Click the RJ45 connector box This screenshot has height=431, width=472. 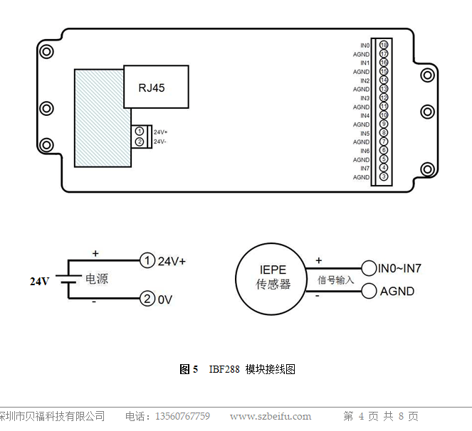pyautogui.click(x=157, y=87)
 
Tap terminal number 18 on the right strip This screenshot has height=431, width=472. pyautogui.click(x=384, y=46)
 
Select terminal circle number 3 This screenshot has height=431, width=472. pyautogui.click(x=384, y=176)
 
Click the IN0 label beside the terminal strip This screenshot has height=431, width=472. pyautogui.click(x=365, y=46)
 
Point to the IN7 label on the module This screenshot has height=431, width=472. pyautogui.click(x=365, y=169)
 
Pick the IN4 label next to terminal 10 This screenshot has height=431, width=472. pyautogui.click(x=365, y=115)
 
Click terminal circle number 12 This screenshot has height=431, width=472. pyautogui.click(x=384, y=97)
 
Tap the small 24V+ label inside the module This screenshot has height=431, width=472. pyautogui.click(x=160, y=132)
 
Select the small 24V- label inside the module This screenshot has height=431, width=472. pyautogui.click(x=160, y=142)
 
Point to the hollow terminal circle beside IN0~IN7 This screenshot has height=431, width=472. pyautogui.click(x=369, y=268)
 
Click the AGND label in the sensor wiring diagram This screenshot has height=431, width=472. pyautogui.click(x=397, y=291)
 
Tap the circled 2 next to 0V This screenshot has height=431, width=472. pyautogui.click(x=147, y=299)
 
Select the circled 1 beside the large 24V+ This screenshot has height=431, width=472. pyautogui.click(x=147, y=261)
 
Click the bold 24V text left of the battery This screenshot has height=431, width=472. pyautogui.click(x=40, y=281)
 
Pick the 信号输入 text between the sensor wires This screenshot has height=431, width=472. pyautogui.click(x=335, y=280)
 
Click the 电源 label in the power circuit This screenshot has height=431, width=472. pyautogui.click(x=97, y=280)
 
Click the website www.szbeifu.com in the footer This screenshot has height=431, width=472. pyautogui.click(x=271, y=416)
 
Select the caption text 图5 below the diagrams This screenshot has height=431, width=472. pyautogui.click(x=189, y=369)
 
